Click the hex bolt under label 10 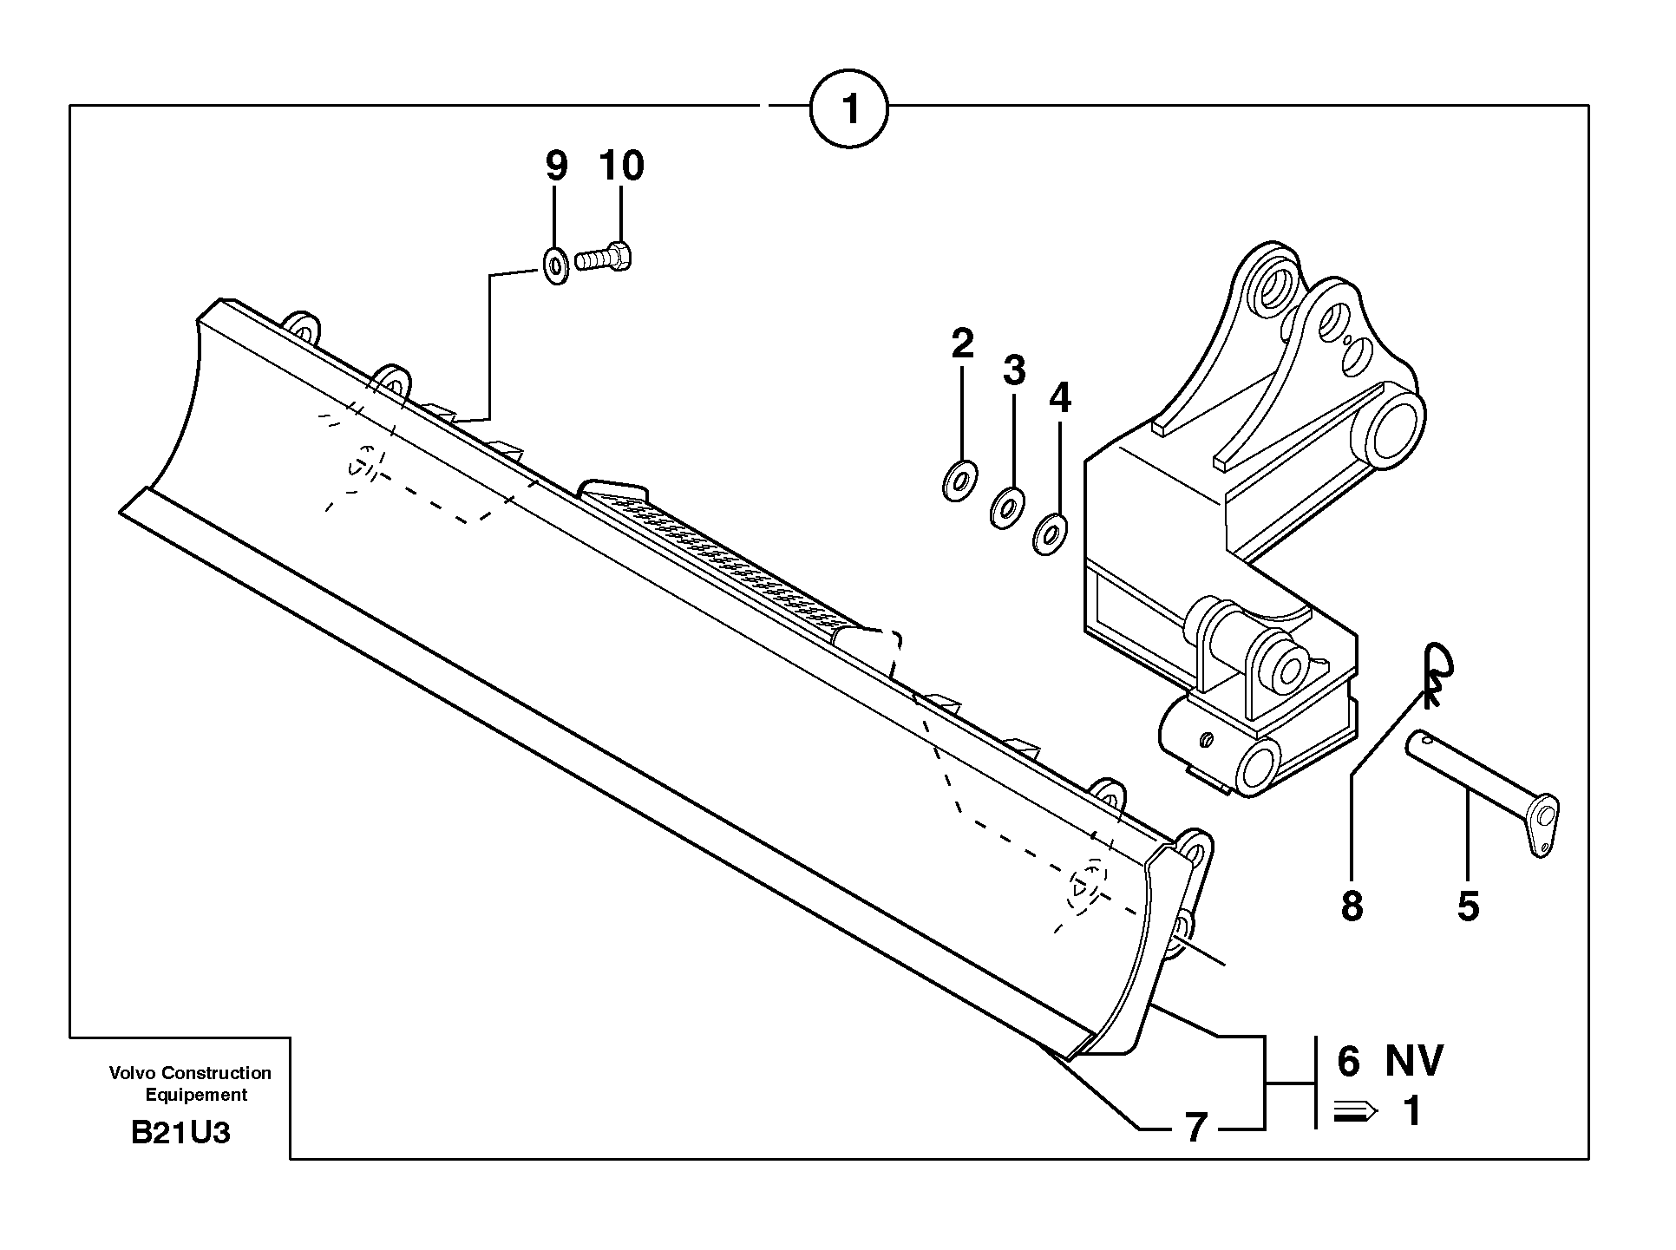click(x=605, y=258)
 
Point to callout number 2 click(x=962, y=344)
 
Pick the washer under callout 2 click(x=959, y=480)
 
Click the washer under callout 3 click(x=1007, y=508)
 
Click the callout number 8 click(x=1352, y=906)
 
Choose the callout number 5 click(x=1468, y=906)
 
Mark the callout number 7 click(x=1196, y=1128)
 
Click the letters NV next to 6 click(x=1414, y=1061)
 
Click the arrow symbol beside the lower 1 click(x=1353, y=1111)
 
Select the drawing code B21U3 click(x=180, y=1133)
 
